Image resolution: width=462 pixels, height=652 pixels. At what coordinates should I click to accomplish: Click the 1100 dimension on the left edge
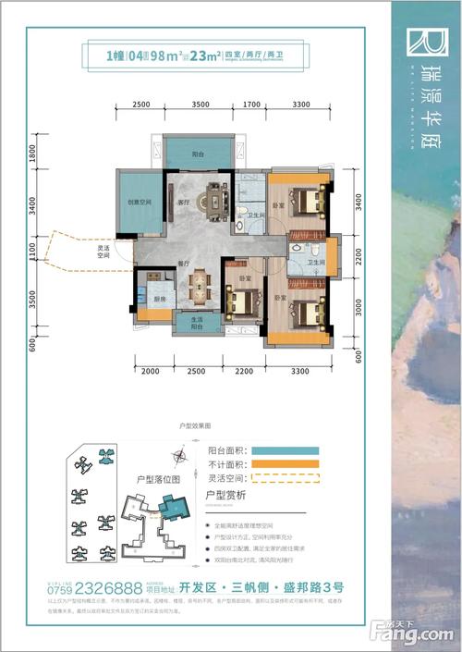tap(32, 249)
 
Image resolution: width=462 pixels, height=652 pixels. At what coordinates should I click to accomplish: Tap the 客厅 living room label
tap(183, 202)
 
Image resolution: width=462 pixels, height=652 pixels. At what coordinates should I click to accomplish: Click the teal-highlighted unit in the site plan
tap(172, 504)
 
